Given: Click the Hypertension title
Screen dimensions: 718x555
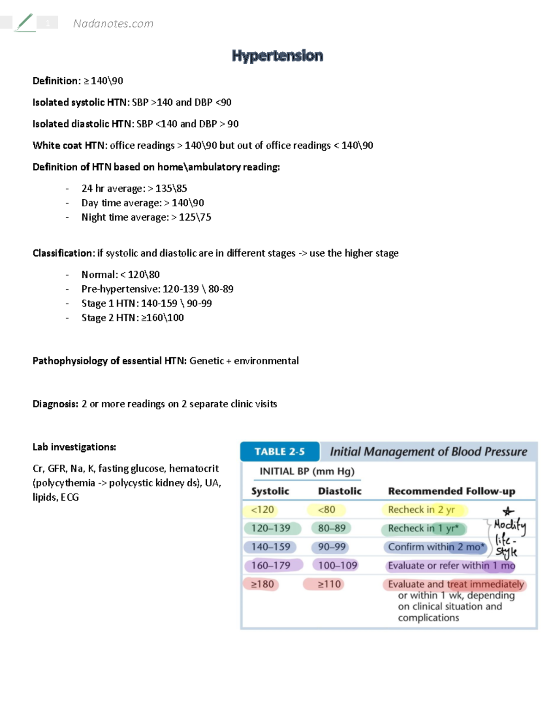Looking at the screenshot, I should [277, 56].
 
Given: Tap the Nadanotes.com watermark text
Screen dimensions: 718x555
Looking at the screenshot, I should [113, 24].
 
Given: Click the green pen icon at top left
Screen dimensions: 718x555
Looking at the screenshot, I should [25, 22].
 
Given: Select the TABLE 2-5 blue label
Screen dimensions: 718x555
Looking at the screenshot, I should [279, 452].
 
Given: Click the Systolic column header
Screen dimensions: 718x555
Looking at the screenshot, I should [270, 491].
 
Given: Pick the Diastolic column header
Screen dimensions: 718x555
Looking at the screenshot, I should [339, 491].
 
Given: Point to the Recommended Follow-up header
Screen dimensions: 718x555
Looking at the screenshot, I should [451, 491].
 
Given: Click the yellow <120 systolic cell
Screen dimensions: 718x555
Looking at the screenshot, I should [262, 509].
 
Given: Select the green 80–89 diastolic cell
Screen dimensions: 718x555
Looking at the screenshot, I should [332, 528].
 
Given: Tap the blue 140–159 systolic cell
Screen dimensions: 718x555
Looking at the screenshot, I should [271, 547].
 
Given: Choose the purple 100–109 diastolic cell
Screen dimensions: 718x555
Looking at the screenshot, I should [337, 565].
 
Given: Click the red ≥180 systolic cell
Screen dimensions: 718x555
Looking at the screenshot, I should [262, 584].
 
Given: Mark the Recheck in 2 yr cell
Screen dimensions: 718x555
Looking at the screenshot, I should [421, 509].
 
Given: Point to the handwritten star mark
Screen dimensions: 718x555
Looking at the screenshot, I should [508, 511].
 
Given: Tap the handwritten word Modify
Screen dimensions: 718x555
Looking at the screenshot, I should [509, 525].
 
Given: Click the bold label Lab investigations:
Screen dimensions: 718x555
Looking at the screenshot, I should [74, 447].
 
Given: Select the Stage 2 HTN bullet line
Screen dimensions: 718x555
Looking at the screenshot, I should [132, 318].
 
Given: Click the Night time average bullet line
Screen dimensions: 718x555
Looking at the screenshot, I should [146, 217].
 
